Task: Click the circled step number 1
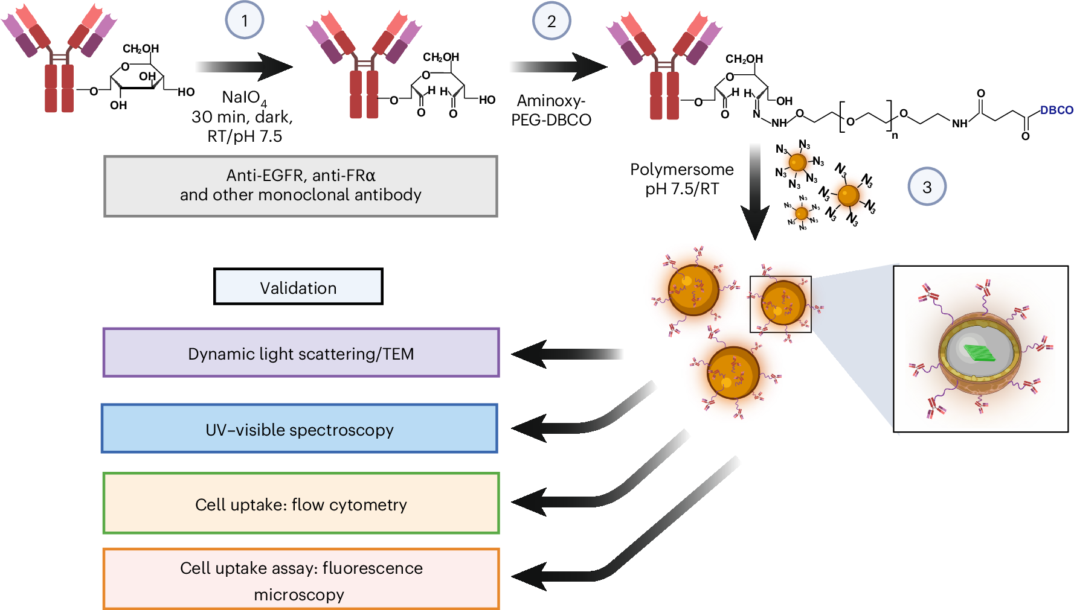pos(245,21)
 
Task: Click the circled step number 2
pos(551,21)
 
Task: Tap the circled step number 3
pos(927,187)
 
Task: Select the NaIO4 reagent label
pos(244,98)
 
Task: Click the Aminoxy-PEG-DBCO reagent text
pos(551,110)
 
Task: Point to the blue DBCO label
pos(1056,110)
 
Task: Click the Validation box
pos(298,287)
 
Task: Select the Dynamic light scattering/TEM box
pos(301,353)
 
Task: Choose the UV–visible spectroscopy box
pos(300,429)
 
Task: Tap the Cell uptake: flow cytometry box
pos(301,504)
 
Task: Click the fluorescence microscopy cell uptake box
pos(301,580)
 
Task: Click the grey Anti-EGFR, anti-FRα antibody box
pos(301,186)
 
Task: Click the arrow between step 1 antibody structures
pos(245,66)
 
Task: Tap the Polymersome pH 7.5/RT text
pos(682,179)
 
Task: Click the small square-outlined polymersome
pos(780,305)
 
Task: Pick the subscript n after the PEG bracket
pos(895,136)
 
